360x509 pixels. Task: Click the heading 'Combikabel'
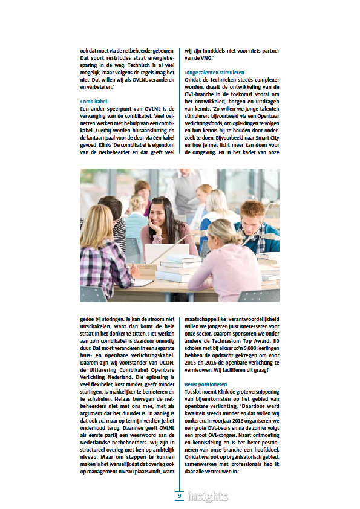[x=94, y=101]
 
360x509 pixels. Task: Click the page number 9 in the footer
[x=180, y=496]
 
